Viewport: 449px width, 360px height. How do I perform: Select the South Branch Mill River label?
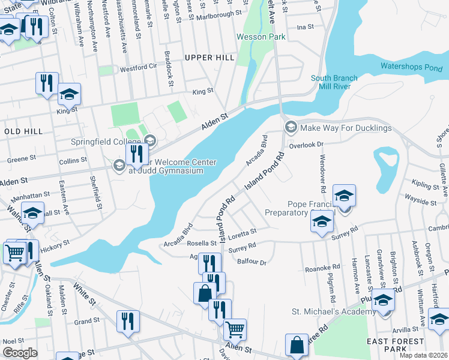pyautogui.click(x=334, y=82)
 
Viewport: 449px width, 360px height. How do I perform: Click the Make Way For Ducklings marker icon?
pyautogui.click(x=291, y=127)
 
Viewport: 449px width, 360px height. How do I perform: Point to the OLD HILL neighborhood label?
pyautogui.click(x=23, y=131)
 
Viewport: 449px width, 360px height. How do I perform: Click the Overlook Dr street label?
pyautogui.click(x=306, y=145)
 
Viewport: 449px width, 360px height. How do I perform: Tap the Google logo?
pyautogui.click(x=19, y=353)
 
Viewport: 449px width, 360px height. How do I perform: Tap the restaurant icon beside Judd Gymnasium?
pyautogui.click(x=137, y=154)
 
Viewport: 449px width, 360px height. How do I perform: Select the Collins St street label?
pyautogui.click(x=73, y=160)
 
